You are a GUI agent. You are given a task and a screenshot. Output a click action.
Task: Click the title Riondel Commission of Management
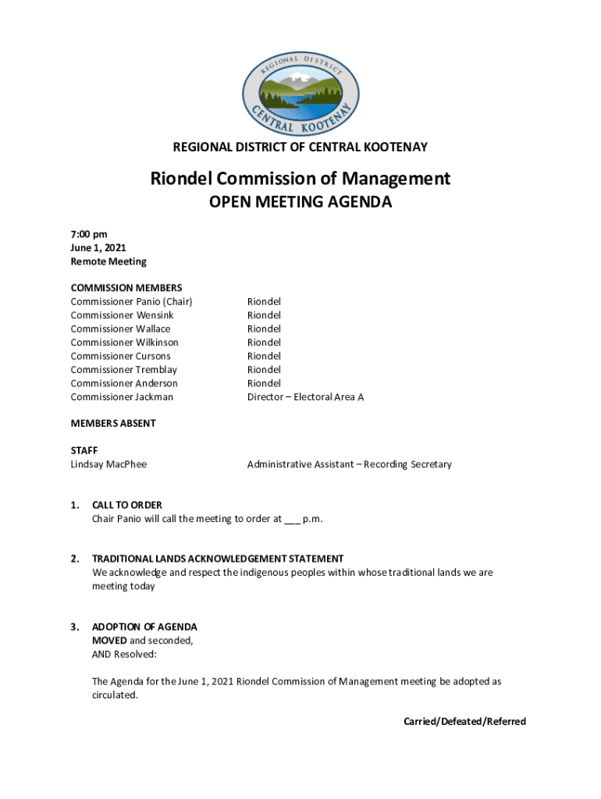300,179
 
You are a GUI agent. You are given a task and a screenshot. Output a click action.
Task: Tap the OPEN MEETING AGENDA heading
300,203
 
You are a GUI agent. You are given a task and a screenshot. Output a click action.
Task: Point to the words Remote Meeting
108,261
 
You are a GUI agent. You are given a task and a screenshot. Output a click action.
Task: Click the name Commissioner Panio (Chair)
131,301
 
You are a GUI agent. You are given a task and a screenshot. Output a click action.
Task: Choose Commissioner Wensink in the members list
122,315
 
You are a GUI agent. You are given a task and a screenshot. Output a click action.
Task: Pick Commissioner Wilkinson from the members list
124,343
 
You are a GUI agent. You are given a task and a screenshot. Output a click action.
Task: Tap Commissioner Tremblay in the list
123,370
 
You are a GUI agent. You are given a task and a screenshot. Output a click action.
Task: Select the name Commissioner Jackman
122,397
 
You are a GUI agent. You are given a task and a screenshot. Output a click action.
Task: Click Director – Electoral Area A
305,397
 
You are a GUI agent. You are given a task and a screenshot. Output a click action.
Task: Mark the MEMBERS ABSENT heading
112,423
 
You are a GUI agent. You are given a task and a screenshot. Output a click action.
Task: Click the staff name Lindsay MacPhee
108,464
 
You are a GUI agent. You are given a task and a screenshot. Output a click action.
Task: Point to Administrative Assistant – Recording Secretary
349,464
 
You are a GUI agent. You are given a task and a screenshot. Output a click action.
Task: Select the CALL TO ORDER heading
126,505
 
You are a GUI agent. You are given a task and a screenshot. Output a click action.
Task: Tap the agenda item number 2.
74,559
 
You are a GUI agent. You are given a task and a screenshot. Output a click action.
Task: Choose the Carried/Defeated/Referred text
464,722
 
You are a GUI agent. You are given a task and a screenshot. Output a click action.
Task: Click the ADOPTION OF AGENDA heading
144,627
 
